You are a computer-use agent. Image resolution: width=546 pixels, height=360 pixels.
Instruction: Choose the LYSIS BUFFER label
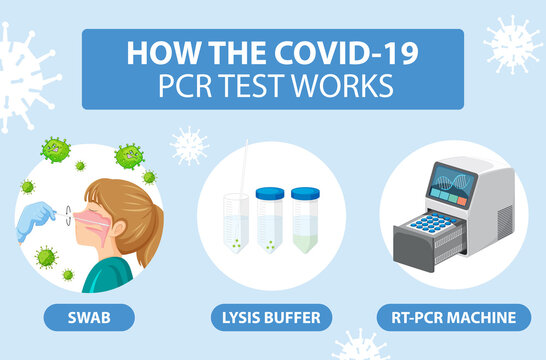pos(272,318)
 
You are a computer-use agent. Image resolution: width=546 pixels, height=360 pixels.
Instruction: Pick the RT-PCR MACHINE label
pos(462,318)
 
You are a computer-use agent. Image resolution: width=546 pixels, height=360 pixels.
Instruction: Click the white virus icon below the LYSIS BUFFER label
pos(361,347)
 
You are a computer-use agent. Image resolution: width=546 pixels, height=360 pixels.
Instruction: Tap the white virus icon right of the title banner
pos(511,44)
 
